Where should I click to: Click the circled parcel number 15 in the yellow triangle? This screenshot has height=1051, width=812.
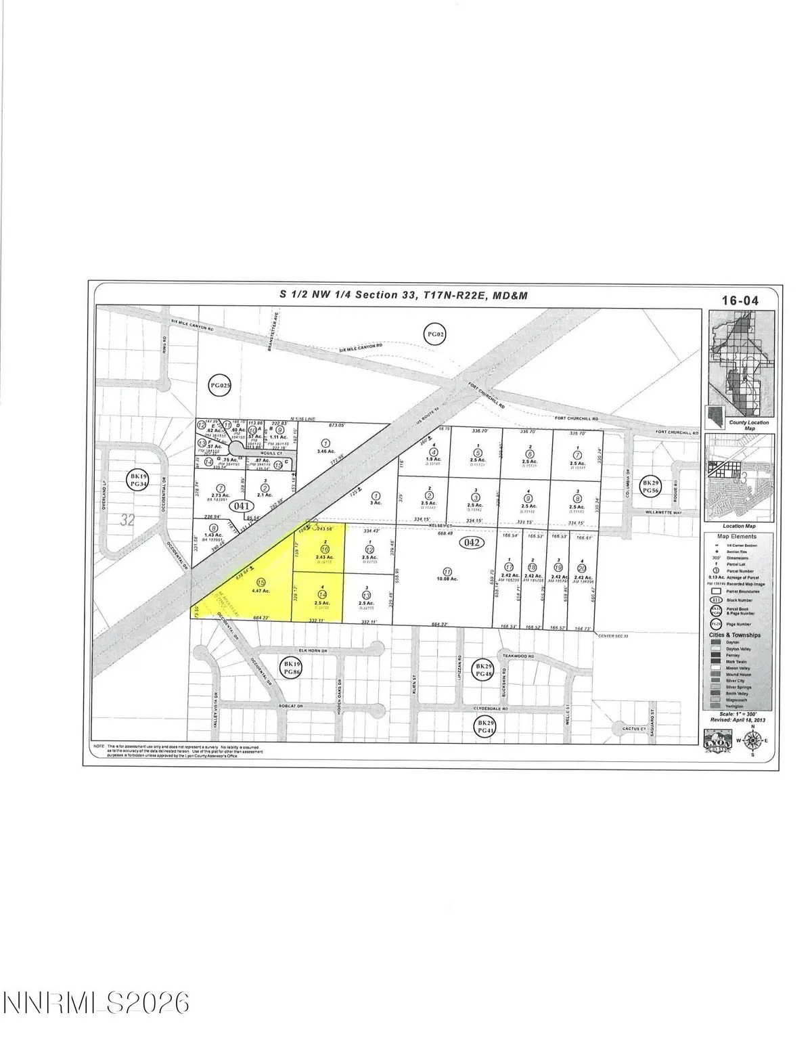261,581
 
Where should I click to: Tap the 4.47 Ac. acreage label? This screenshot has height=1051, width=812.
261,591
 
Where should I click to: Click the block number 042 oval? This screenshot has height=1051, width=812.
468,543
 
